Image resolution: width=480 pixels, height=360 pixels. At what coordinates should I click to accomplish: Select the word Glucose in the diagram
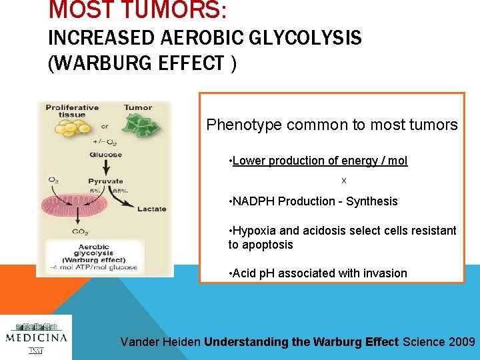pyautogui.click(x=105, y=155)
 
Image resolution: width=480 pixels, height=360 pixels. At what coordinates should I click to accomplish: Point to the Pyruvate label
pyautogui.click(x=105, y=181)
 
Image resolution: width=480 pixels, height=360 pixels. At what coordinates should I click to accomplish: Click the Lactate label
pyautogui.click(x=152, y=209)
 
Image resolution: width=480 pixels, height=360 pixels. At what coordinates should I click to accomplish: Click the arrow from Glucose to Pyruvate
pyautogui.click(x=105, y=167)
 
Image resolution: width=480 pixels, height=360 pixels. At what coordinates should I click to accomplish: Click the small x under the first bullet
pyautogui.click(x=344, y=181)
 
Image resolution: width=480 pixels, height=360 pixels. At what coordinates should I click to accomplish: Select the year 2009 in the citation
pyautogui.click(x=462, y=342)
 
